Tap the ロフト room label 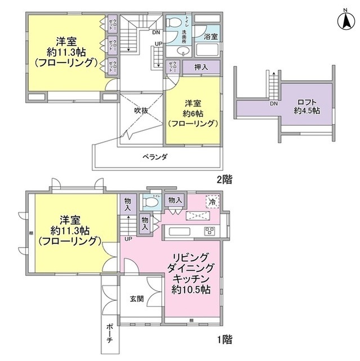click(x=306, y=103)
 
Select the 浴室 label click(x=211, y=35)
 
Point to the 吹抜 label click(x=140, y=111)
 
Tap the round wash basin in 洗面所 click(x=179, y=51)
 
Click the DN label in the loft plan click(x=274, y=104)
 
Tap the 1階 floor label click(x=221, y=340)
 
